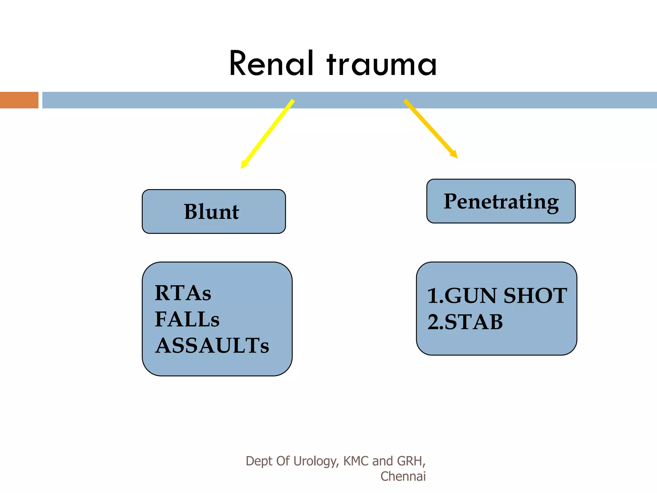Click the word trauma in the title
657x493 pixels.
tap(382, 64)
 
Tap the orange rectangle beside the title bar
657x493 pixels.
tap(19, 100)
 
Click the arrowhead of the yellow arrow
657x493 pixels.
tap(244, 165)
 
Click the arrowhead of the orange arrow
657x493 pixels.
tap(454, 154)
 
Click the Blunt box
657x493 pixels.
tap(214, 212)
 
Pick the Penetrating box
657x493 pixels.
tap(501, 201)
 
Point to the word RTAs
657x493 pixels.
tap(183, 293)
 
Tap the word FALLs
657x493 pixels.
tap(187, 320)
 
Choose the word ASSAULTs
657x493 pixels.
tap(212, 346)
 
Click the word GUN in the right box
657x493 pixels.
tap(470, 296)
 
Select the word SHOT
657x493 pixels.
tap(535, 296)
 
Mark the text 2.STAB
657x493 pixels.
tap(465, 322)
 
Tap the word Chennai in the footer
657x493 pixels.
tap(403, 476)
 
